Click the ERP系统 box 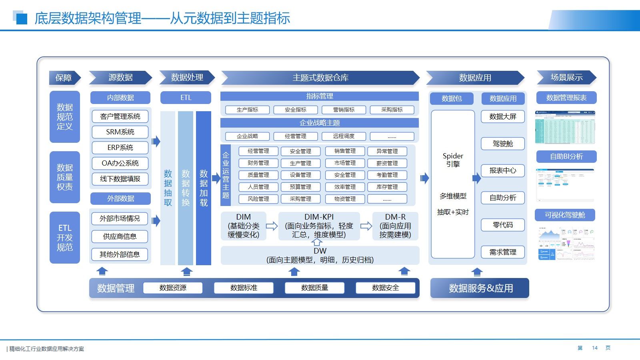pyautogui.click(x=120, y=148)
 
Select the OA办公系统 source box pyautogui.click(x=120, y=163)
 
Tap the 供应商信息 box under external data pyautogui.click(x=120, y=236)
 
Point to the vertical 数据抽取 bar pyautogui.click(x=168, y=188)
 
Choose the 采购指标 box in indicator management pyautogui.click(x=392, y=110)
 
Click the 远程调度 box pyautogui.click(x=344, y=136)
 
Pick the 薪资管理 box pyautogui.click(x=387, y=163)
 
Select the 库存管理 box pyautogui.click(x=387, y=187)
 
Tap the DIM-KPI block pyautogui.click(x=319, y=226)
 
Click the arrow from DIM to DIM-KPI pyautogui.click(x=272, y=226)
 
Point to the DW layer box pyautogui.click(x=320, y=256)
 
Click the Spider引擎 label pyautogui.click(x=453, y=160)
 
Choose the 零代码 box pyautogui.click(x=502, y=225)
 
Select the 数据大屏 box pyautogui.click(x=502, y=116)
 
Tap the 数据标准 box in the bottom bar pyautogui.click(x=244, y=288)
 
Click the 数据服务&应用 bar pyautogui.click(x=480, y=288)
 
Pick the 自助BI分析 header pyautogui.click(x=566, y=156)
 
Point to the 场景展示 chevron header pyautogui.click(x=566, y=78)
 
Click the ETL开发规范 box pyautogui.click(x=65, y=238)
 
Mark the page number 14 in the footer pyautogui.click(x=594, y=348)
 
